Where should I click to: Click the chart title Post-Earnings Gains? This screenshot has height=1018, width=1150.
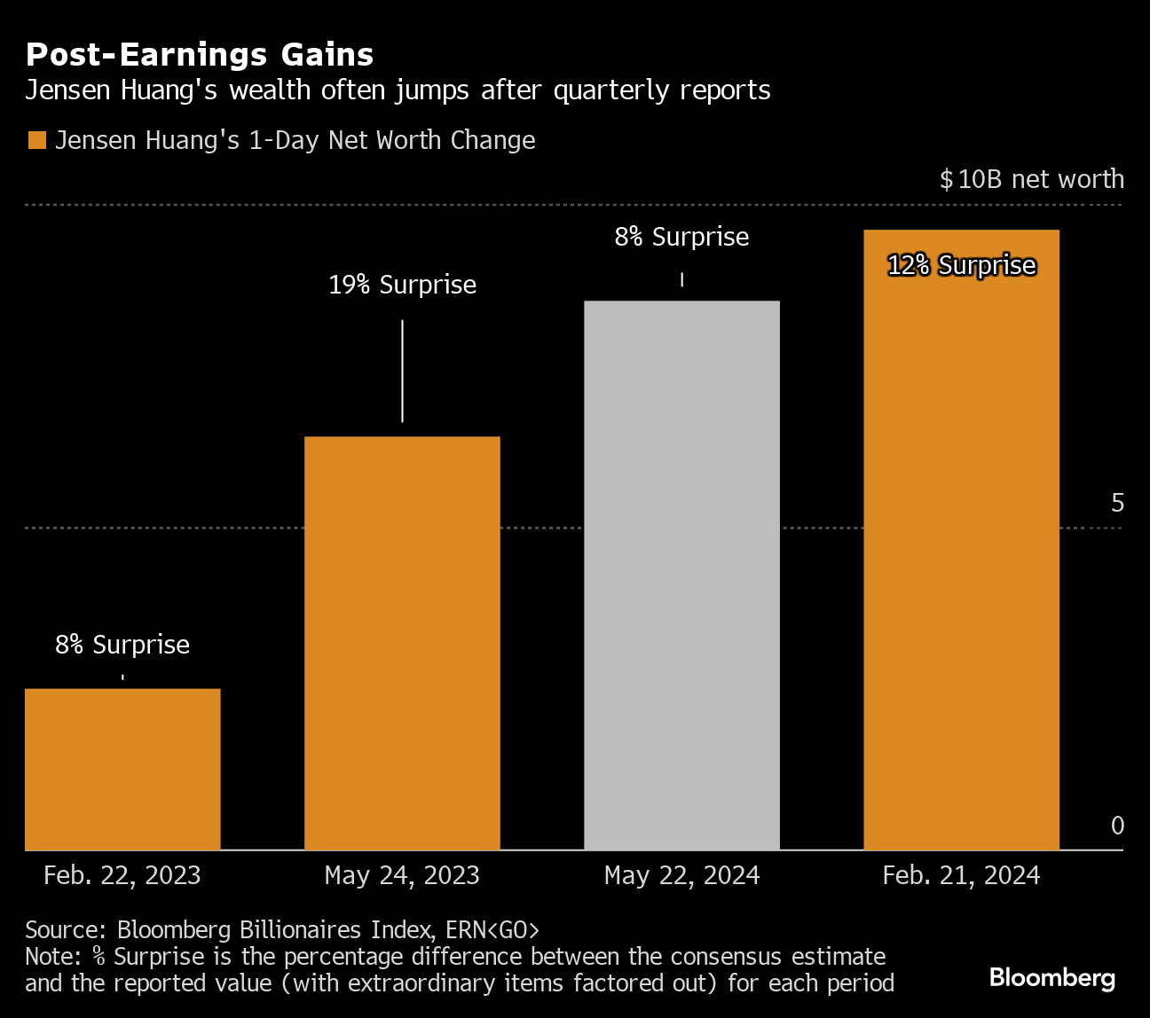(200, 55)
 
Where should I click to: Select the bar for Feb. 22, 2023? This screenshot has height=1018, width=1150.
(122, 769)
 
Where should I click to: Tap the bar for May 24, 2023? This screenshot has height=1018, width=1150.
(402, 643)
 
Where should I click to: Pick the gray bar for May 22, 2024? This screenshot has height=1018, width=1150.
(681, 576)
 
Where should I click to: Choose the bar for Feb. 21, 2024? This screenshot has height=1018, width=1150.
(961, 540)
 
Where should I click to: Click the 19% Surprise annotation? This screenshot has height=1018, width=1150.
(402, 285)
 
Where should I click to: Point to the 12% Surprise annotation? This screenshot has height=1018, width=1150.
(961, 265)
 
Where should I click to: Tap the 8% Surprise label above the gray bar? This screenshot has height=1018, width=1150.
(681, 237)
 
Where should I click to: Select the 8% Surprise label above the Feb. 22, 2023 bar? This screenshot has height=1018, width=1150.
(122, 645)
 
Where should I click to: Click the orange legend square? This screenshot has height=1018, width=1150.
(36, 141)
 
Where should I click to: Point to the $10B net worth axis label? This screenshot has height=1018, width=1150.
(1031, 179)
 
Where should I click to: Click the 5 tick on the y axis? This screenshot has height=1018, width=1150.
(1117, 503)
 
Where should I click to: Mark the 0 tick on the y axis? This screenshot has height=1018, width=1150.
(1117, 826)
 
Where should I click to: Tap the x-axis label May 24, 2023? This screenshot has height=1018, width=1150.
(402, 875)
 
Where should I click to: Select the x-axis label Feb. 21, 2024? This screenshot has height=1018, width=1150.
(961, 875)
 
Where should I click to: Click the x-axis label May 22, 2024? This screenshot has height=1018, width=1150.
(681, 875)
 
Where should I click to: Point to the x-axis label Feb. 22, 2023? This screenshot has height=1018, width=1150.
(122, 875)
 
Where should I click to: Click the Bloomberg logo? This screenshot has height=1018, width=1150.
(1052, 977)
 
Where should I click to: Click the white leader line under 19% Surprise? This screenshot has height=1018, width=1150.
(402, 371)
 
